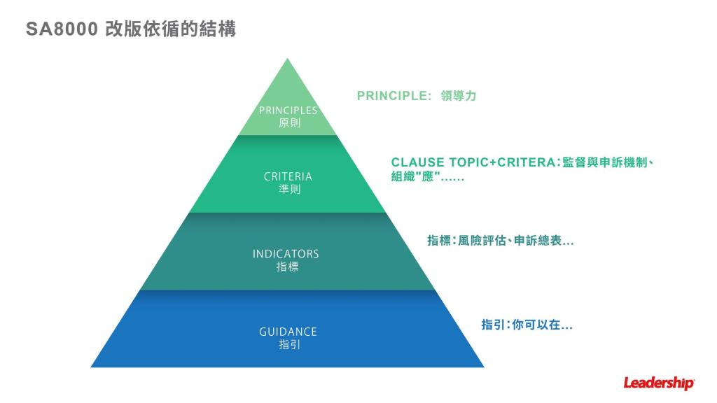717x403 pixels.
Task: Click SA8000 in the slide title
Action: tap(61, 29)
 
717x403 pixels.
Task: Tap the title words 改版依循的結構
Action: tap(170, 29)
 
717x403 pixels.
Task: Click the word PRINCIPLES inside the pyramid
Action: tap(288, 110)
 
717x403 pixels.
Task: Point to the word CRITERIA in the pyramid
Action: tap(288, 176)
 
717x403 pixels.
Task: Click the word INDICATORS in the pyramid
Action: tap(286, 254)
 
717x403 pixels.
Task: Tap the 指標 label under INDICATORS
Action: tap(287, 267)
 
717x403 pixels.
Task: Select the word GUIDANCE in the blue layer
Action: tap(288, 332)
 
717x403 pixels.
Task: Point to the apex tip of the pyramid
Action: tap(288, 60)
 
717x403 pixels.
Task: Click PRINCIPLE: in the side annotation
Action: tap(394, 96)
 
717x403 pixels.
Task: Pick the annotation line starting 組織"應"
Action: tap(427, 178)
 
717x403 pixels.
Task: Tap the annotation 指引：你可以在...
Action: tap(527, 325)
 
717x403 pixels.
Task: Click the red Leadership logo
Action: tap(659, 383)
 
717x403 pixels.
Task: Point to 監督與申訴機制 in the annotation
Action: tap(607, 163)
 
